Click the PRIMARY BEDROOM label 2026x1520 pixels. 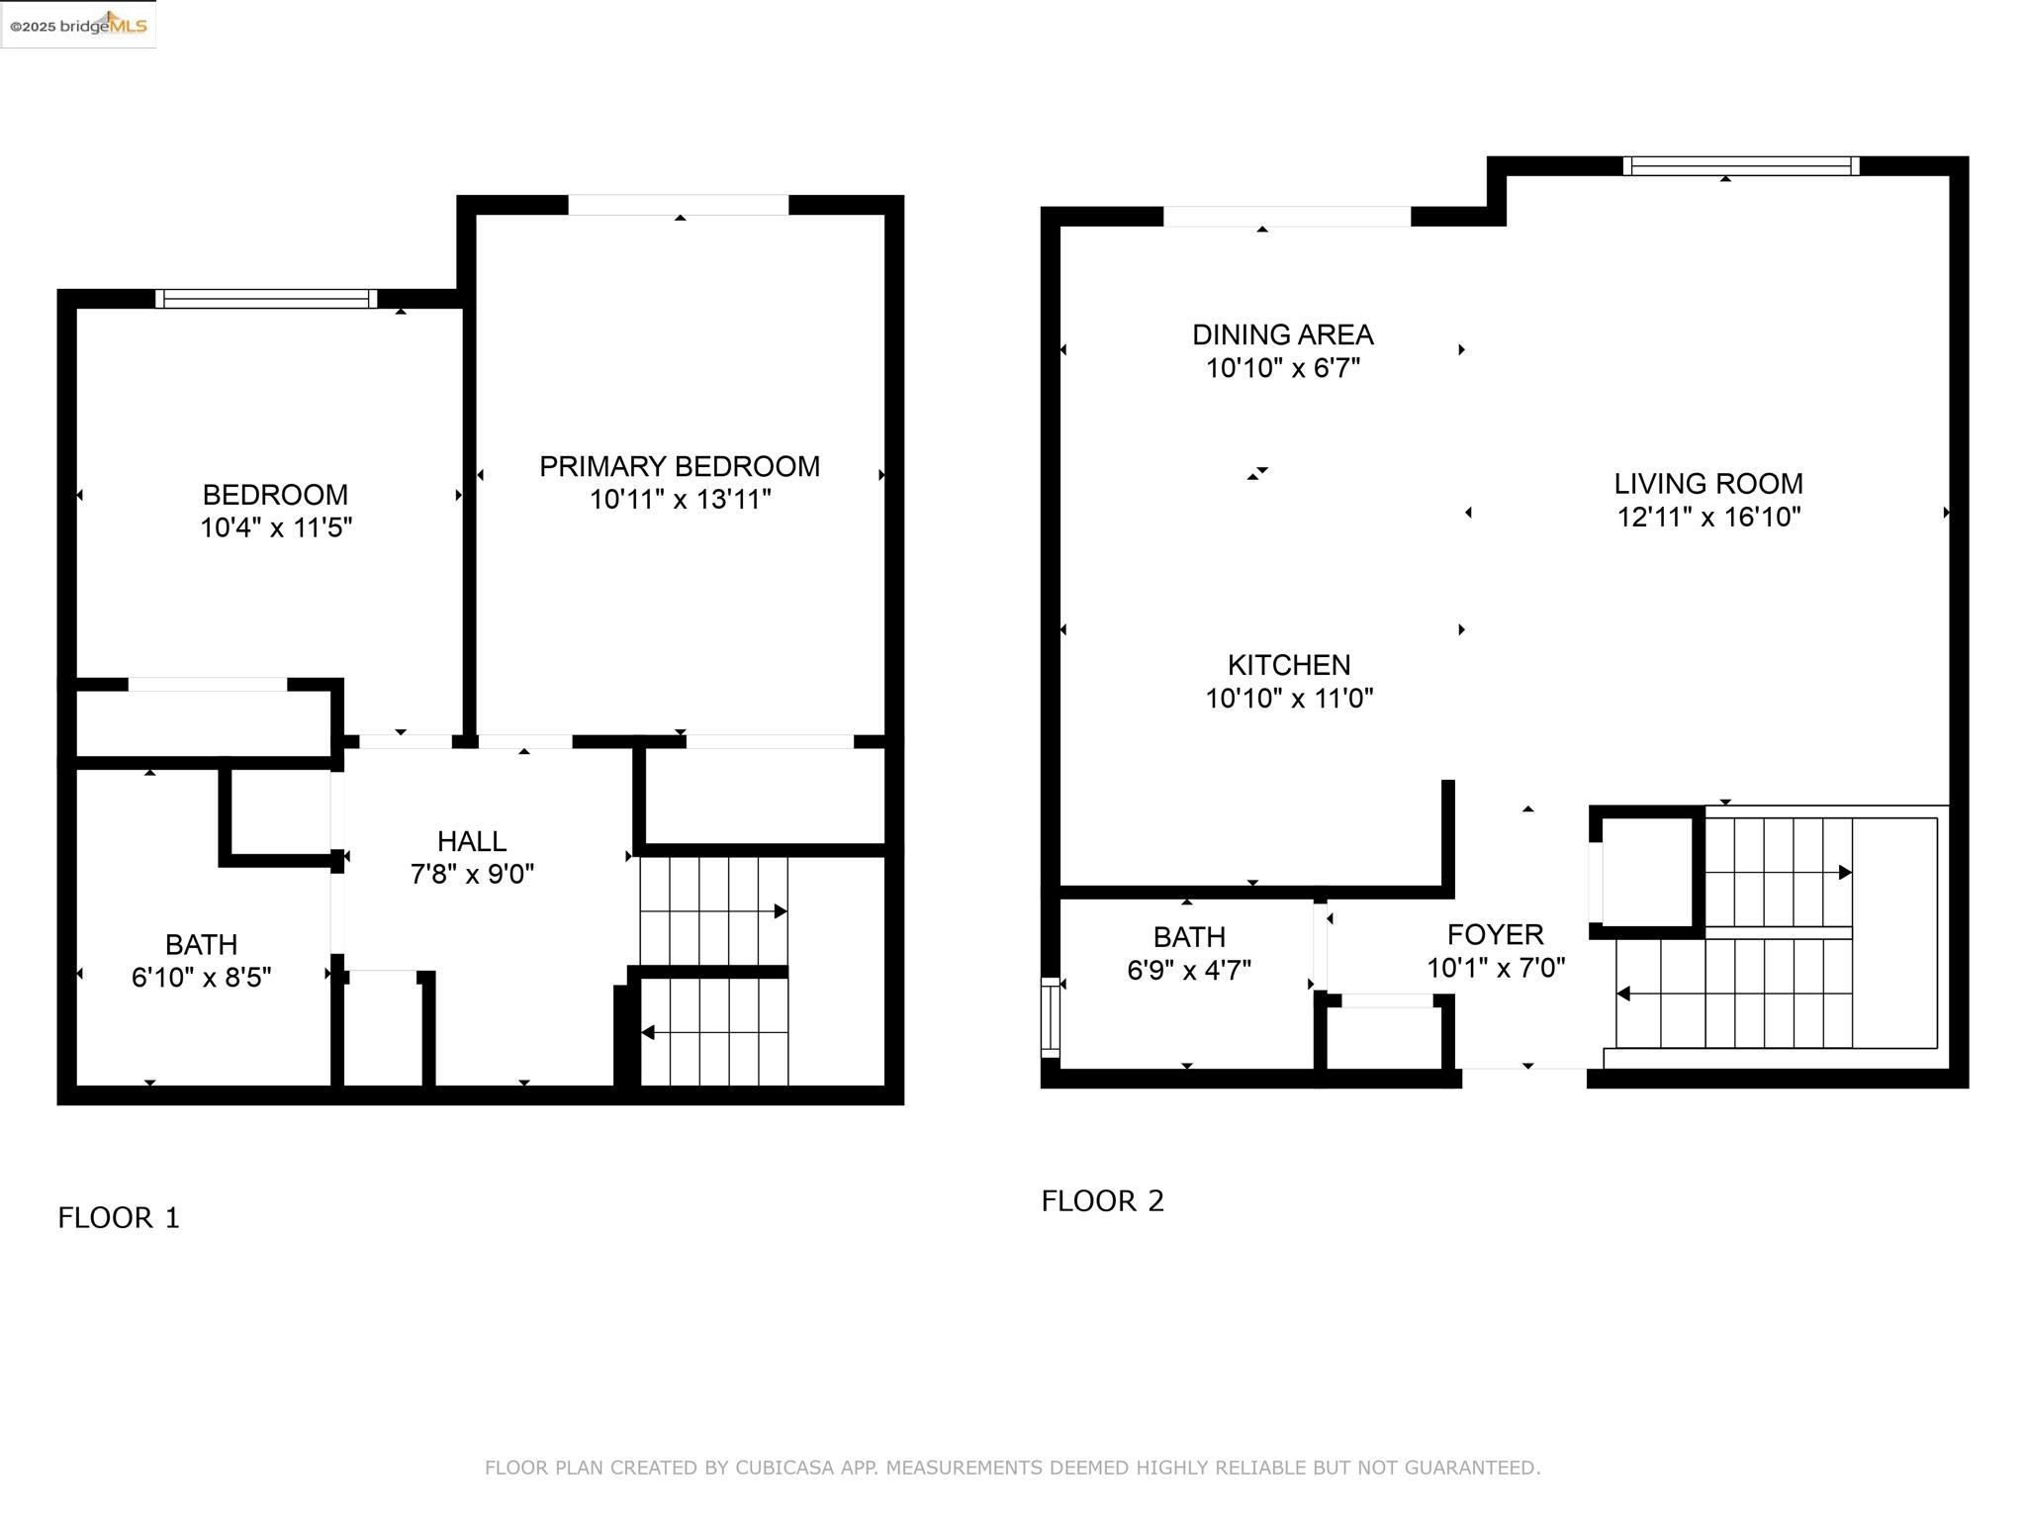coord(680,466)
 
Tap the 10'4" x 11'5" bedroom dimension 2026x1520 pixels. coord(276,527)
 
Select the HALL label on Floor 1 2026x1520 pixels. coord(472,841)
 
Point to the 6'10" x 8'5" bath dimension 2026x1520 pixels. coord(202,978)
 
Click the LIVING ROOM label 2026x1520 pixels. coord(1708,484)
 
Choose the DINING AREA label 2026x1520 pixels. coord(1283,334)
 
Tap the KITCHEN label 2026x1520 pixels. coord(1289,665)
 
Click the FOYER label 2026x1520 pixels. coord(1496,935)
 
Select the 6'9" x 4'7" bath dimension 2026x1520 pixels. coord(1189,970)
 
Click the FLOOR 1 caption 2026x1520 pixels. coord(119,1218)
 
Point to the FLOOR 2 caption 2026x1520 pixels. coord(1103,1201)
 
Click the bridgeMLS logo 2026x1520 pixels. coord(78,25)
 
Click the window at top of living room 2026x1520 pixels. coord(1741,166)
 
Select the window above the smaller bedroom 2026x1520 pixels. coord(266,299)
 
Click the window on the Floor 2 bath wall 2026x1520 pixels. coord(1051,1017)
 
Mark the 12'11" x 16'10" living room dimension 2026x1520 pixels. coord(1708,518)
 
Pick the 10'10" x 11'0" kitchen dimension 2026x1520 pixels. coord(1289,699)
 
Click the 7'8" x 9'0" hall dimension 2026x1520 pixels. coord(472,874)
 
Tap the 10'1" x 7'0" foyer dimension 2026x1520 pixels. coord(1496,968)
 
